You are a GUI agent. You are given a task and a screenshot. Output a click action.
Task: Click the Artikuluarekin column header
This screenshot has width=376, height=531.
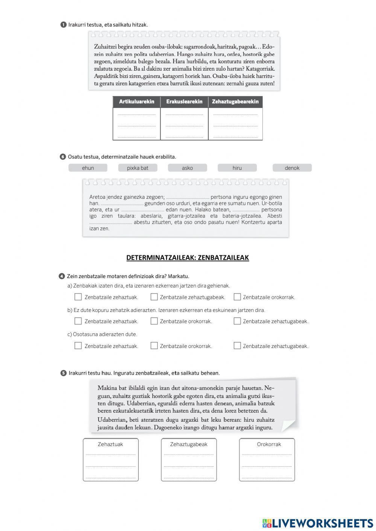click(x=136, y=102)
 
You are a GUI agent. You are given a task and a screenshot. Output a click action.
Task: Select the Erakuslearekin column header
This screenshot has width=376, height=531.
click(x=184, y=102)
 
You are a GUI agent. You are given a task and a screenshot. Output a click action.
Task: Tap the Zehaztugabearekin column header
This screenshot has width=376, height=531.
click(x=235, y=102)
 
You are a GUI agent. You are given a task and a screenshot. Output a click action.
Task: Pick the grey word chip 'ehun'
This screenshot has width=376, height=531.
click(x=88, y=168)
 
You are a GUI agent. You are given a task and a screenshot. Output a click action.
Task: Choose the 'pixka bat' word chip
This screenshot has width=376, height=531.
click(x=138, y=168)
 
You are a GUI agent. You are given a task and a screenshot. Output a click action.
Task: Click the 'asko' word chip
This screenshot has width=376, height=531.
click(x=187, y=168)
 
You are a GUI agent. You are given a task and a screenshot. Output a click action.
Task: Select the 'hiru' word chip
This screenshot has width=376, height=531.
click(x=237, y=168)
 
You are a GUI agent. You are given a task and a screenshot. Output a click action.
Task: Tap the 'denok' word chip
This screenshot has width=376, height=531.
click(x=292, y=168)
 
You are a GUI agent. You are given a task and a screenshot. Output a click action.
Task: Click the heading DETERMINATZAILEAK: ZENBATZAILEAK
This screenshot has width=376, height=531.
click(x=188, y=258)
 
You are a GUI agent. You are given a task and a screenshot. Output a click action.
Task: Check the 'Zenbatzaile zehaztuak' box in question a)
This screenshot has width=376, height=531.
click(x=78, y=297)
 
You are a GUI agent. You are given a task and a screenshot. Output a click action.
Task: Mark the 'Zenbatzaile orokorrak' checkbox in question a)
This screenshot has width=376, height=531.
click(x=237, y=297)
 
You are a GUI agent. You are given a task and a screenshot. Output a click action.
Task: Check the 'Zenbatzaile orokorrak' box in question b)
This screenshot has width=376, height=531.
click(x=154, y=321)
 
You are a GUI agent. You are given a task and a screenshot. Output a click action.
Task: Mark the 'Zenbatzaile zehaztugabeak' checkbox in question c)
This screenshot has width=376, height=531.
click(x=237, y=346)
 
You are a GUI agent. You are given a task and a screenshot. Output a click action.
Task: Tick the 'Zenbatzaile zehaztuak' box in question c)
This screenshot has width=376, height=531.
click(x=78, y=346)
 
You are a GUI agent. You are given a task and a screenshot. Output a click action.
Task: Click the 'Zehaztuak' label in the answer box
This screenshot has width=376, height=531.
click(x=111, y=444)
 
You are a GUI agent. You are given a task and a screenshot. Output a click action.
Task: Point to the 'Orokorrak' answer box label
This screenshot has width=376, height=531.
click(x=269, y=444)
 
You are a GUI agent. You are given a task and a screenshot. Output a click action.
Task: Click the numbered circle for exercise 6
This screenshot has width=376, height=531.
click(x=63, y=157)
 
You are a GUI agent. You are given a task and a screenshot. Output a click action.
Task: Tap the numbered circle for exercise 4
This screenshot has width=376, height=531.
click(x=62, y=277)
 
